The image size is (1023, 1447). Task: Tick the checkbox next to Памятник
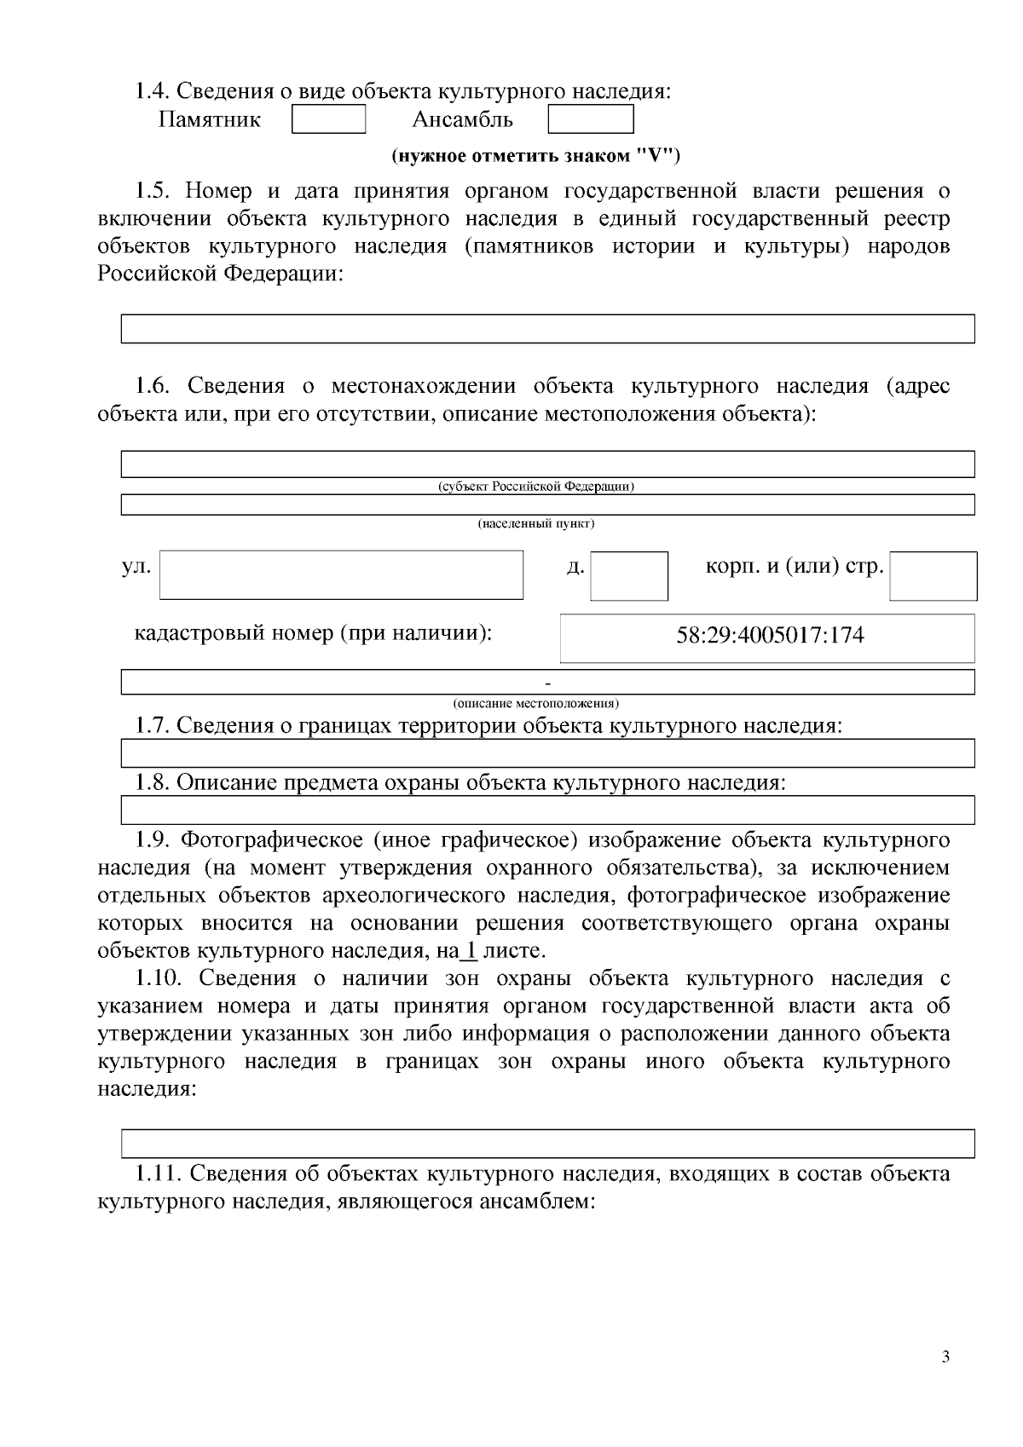coord(328,119)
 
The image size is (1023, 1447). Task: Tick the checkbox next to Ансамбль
coord(590,119)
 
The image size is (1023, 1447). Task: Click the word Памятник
coord(210,119)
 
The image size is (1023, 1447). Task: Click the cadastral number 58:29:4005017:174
coord(770,636)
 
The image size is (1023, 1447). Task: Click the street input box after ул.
coord(341,574)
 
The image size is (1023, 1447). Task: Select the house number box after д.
coord(629,575)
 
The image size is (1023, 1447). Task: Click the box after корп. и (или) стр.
coord(933,575)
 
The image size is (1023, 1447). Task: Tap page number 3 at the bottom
coord(945,1358)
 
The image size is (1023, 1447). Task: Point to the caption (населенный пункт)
coord(535,523)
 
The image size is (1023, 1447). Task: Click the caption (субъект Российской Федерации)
coord(535,487)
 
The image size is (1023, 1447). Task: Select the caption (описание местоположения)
coord(535,703)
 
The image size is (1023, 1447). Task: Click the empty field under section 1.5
coord(547,329)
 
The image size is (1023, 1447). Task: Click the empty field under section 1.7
coord(547,753)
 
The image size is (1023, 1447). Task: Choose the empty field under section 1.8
coord(547,810)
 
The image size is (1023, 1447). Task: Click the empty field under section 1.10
coord(547,1143)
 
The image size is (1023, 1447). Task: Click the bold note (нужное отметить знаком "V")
coord(535,156)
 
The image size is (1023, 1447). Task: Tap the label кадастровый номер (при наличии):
coord(313,634)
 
